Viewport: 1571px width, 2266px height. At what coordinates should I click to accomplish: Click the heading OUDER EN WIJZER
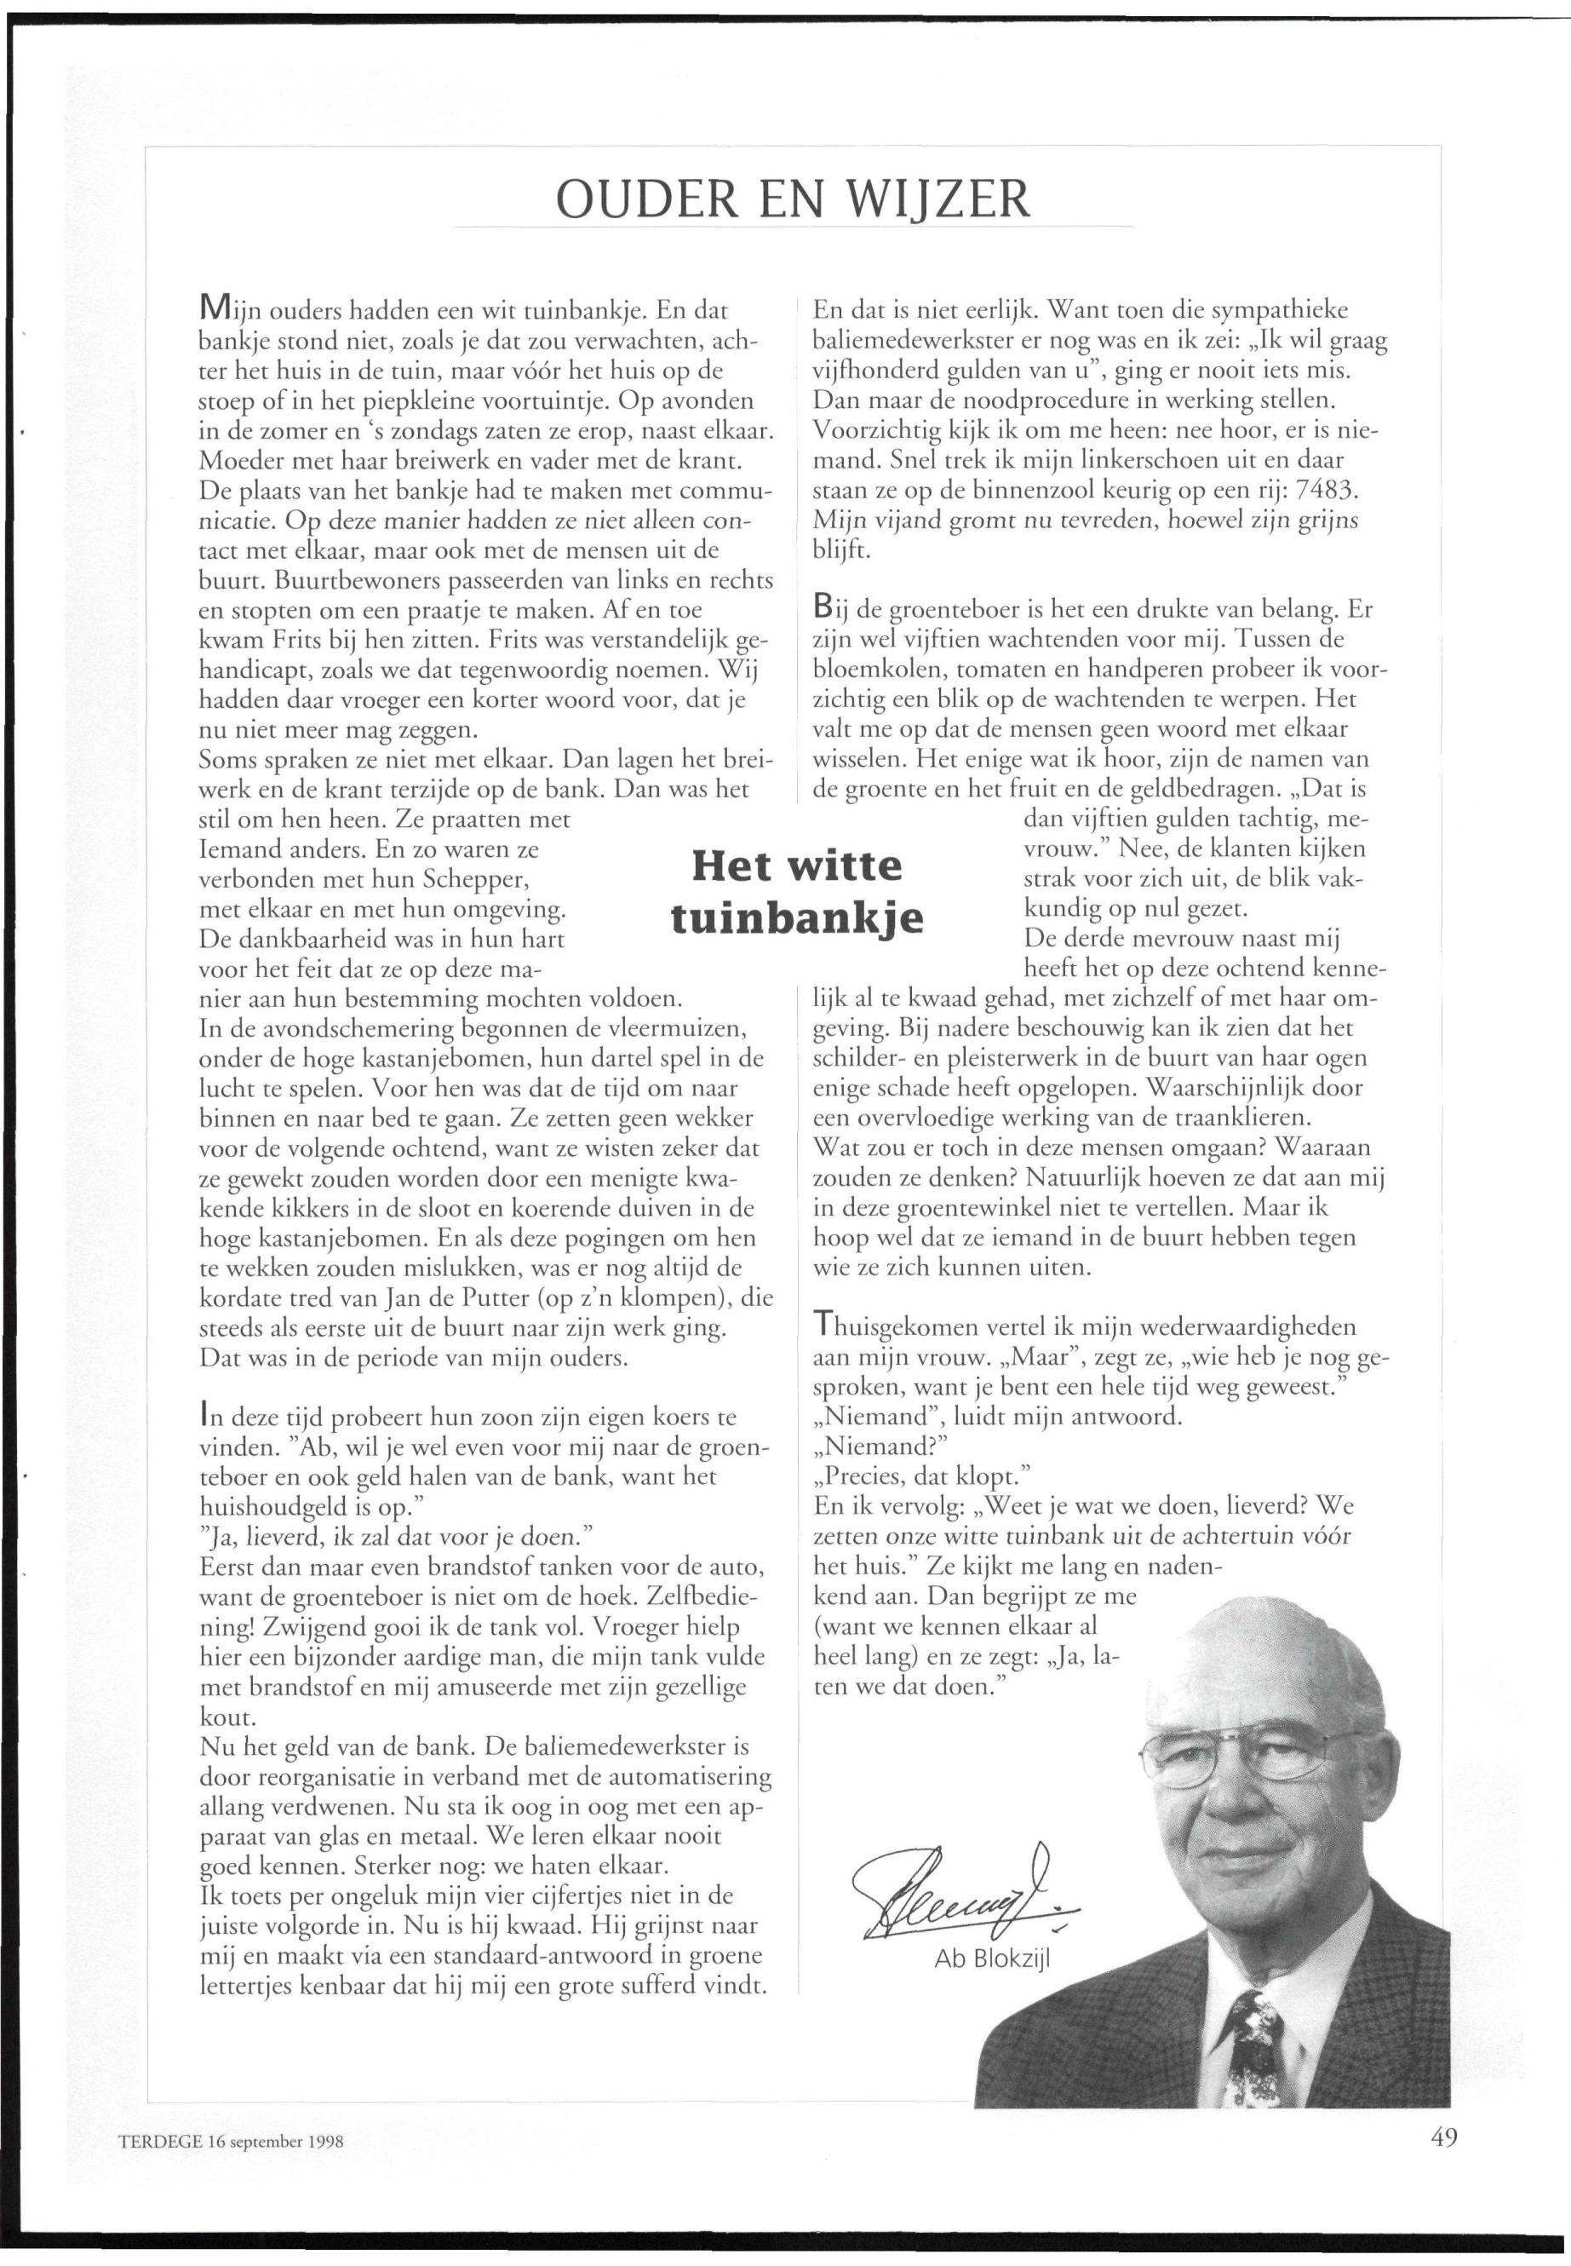(793, 199)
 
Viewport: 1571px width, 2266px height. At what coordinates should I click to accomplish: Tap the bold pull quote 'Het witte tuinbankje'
(796, 891)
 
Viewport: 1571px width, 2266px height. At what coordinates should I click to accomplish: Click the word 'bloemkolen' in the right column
(875, 670)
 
